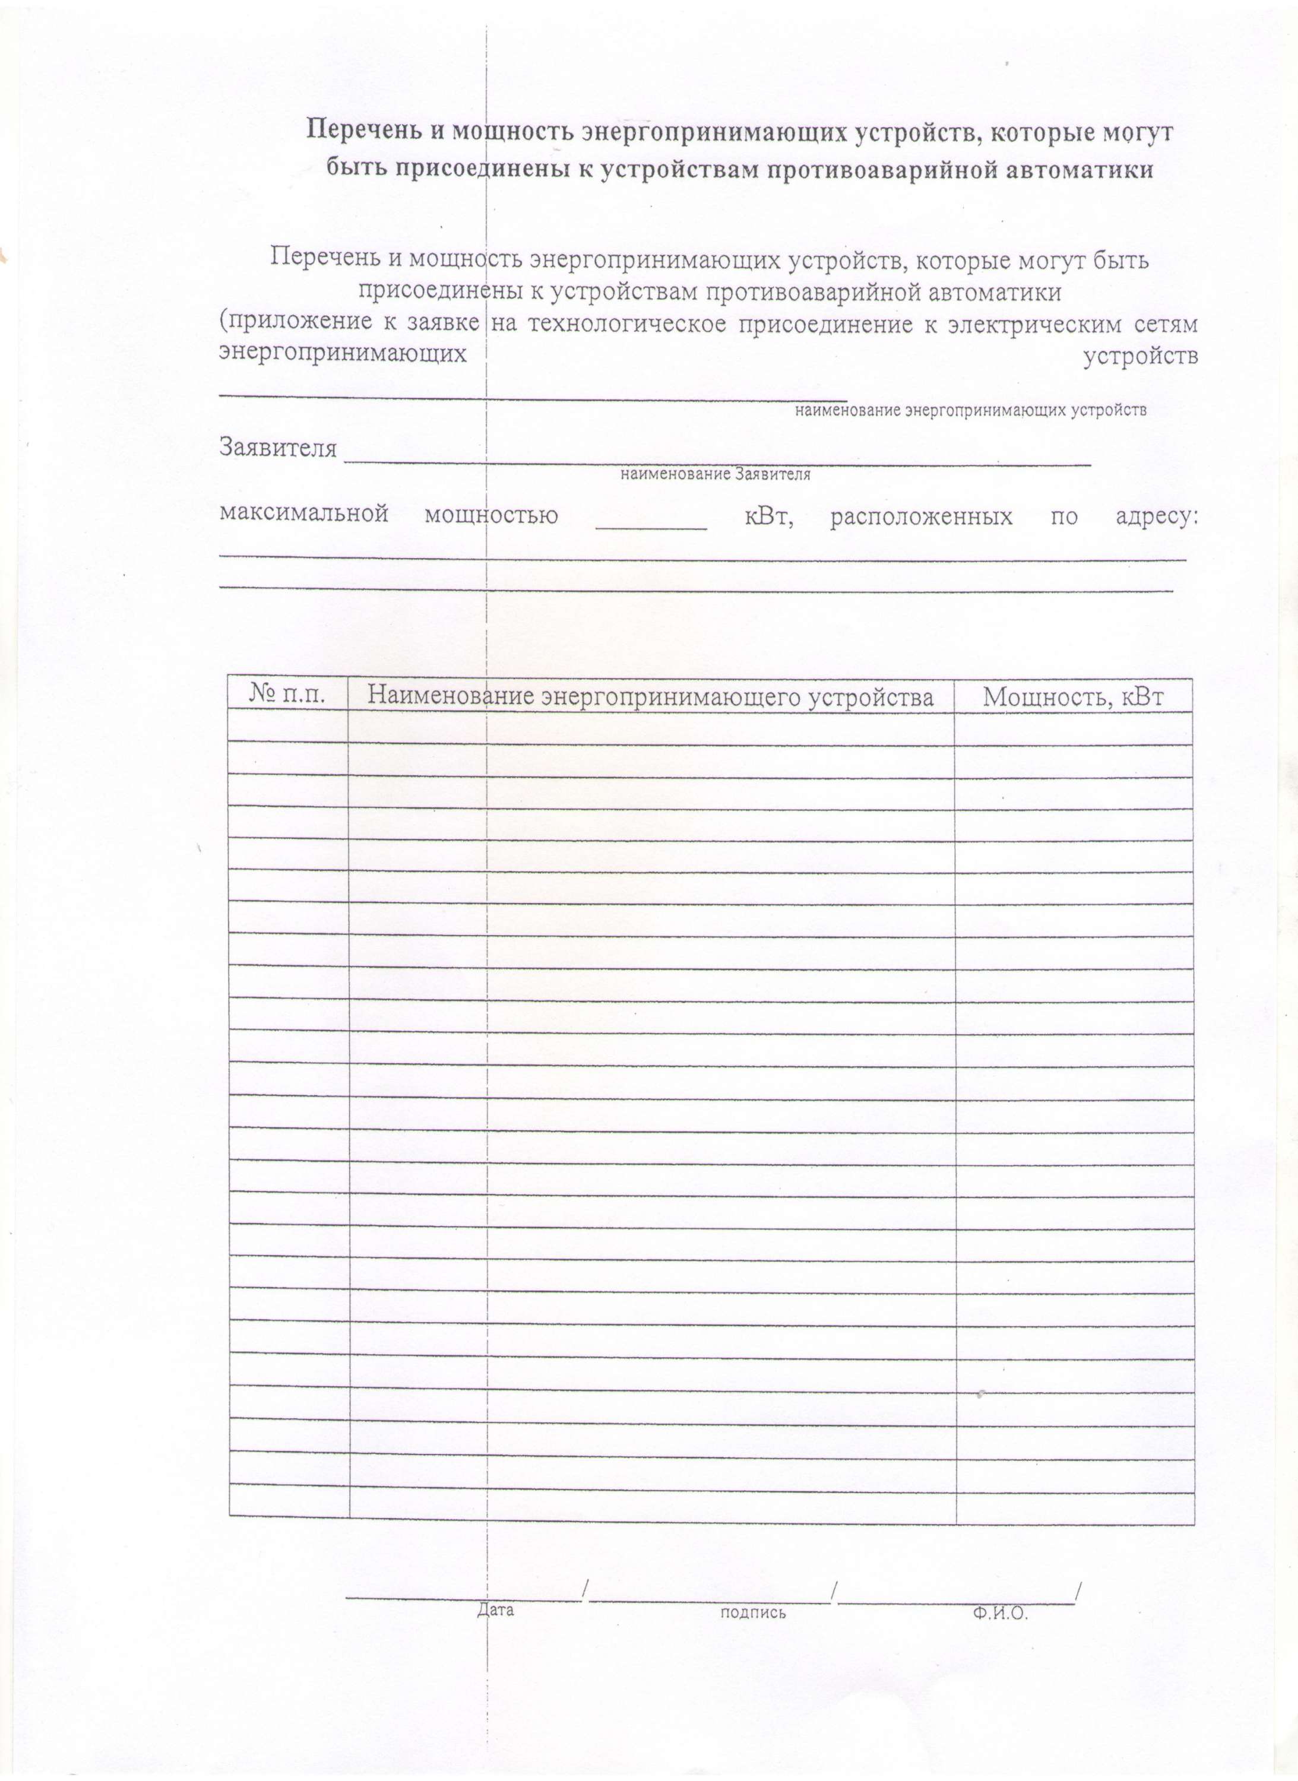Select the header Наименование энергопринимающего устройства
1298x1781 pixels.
point(651,696)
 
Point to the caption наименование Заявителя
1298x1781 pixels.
point(715,474)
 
